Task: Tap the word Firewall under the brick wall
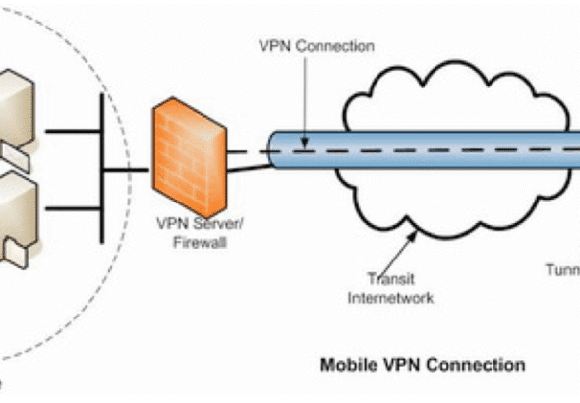pyautogui.click(x=198, y=241)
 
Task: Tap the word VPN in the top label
pyautogui.click(x=273, y=45)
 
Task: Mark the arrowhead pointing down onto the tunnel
pyautogui.click(x=306, y=145)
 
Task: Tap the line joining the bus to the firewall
pyautogui.click(x=127, y=169)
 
